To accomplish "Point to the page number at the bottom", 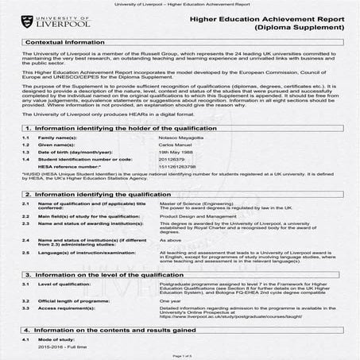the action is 180,355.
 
